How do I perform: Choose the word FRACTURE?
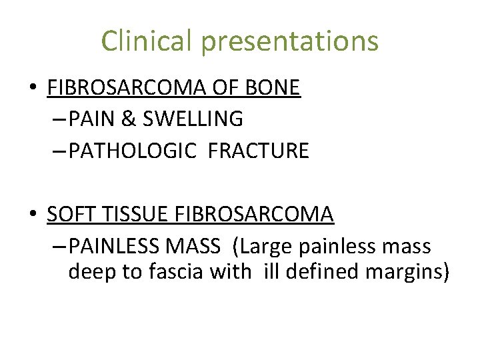(x=259, y=151)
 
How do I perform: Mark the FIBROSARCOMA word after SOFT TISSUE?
(x=254, y=215)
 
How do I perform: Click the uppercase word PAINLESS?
(x=111, y=247)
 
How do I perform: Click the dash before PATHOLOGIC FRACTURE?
(x=57, y=151)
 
